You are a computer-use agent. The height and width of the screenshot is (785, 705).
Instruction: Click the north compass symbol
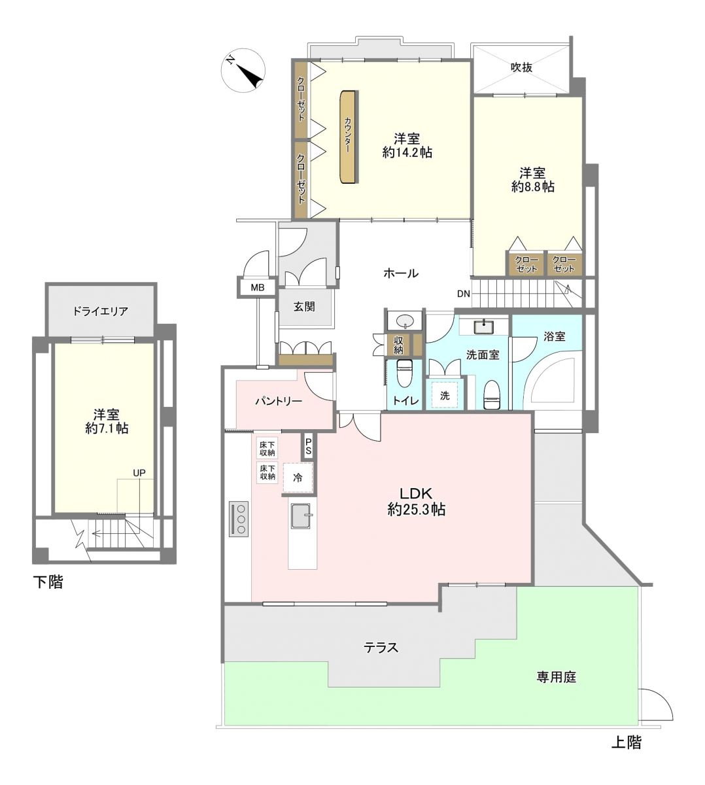[243, 71]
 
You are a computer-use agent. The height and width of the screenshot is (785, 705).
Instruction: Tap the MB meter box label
[258, 287]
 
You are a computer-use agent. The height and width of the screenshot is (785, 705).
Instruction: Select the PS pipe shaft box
[308, 447]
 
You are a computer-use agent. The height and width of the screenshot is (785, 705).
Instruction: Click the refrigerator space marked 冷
[298, 478]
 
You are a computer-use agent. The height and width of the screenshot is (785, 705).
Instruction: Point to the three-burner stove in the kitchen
[239, 519]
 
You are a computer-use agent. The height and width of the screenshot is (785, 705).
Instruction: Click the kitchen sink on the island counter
[302, 515]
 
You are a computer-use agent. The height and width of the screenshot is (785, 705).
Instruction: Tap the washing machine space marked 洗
[445, 395]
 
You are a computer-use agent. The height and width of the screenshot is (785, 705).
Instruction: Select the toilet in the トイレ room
[404, 373]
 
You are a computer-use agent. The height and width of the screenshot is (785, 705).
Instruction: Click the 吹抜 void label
[521, 67]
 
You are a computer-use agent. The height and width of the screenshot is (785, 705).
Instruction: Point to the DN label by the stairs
[463, 294]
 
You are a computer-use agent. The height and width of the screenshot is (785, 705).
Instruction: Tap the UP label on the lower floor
[139, 473]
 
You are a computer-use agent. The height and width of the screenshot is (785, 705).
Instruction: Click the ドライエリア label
[100, 311]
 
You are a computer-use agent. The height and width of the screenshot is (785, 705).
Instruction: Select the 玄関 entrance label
[304, 307]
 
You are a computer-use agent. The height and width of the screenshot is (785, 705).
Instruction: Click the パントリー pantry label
[278, 401]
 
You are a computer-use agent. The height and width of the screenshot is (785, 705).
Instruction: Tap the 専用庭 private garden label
[557, 678]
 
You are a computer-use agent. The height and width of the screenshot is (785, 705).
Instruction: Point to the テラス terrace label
[381, 647]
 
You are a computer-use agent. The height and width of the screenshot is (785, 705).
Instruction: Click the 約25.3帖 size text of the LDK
[416, 510]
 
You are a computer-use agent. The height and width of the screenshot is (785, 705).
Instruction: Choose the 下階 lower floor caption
[48, 582]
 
